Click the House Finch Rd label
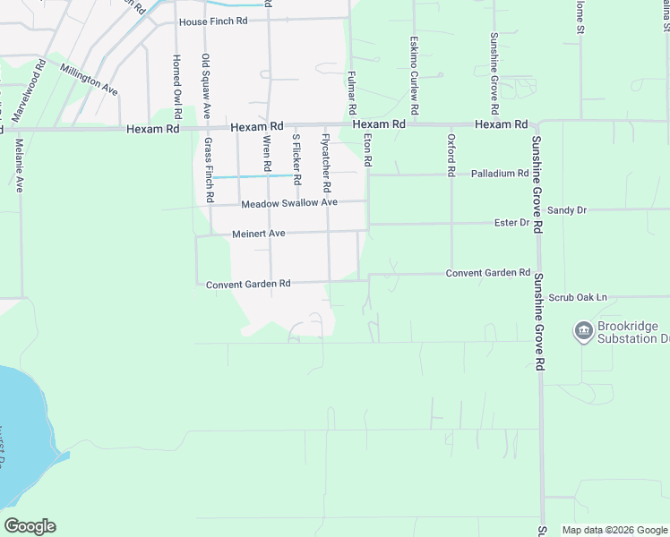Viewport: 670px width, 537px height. pos(212,21)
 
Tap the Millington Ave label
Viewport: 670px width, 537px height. pos(89,79)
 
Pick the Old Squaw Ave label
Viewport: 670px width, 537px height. pos(206,85)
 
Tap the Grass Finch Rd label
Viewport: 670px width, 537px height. pos(208,168)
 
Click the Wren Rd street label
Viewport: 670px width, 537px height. pos(267,153)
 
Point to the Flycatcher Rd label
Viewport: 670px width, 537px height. pos(327,162)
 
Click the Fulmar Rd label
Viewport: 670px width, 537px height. pos(352,92)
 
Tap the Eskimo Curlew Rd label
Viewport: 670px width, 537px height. pos(414,67)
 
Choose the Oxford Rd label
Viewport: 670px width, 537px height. pos(451,154)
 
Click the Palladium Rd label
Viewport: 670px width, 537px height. pos(500,174)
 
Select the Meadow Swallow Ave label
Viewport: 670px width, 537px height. pos(289,203)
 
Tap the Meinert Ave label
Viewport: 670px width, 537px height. pos(258,234)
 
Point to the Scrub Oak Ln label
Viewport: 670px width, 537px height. pos(578,297)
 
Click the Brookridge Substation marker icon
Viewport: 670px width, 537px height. pos(583,332)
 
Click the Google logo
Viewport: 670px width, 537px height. pos(30,526)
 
